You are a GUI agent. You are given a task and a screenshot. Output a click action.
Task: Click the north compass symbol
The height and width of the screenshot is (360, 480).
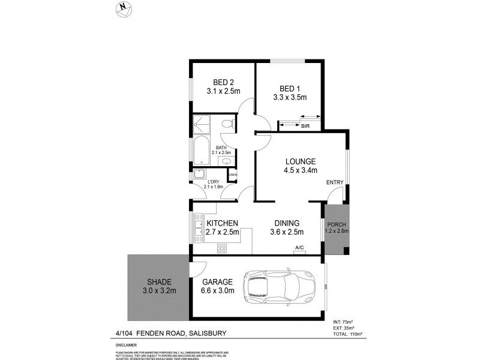[x=124, y=8]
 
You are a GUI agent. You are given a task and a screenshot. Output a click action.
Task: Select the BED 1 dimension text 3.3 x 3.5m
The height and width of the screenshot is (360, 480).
[x=290, y=97]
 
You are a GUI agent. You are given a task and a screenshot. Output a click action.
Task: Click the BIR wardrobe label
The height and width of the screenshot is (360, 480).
[x=305, y=126]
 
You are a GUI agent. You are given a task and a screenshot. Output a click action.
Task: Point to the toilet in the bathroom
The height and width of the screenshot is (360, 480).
[x=226, y=125]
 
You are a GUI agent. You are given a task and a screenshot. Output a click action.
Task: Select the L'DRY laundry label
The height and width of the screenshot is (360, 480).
[x=213, y=181]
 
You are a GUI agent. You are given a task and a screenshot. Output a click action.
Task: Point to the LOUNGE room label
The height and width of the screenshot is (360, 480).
[x=300, y=161]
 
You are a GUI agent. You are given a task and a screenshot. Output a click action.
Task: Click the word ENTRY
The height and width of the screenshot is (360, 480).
[x=334, y=182]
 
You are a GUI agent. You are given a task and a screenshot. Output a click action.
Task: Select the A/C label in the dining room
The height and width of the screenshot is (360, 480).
[x=299, y=248]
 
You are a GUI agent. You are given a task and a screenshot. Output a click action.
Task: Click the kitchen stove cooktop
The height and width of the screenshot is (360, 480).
[x=221, y=248]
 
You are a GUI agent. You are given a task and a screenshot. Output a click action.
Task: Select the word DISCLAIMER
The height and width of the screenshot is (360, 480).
[x=127, y=345]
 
